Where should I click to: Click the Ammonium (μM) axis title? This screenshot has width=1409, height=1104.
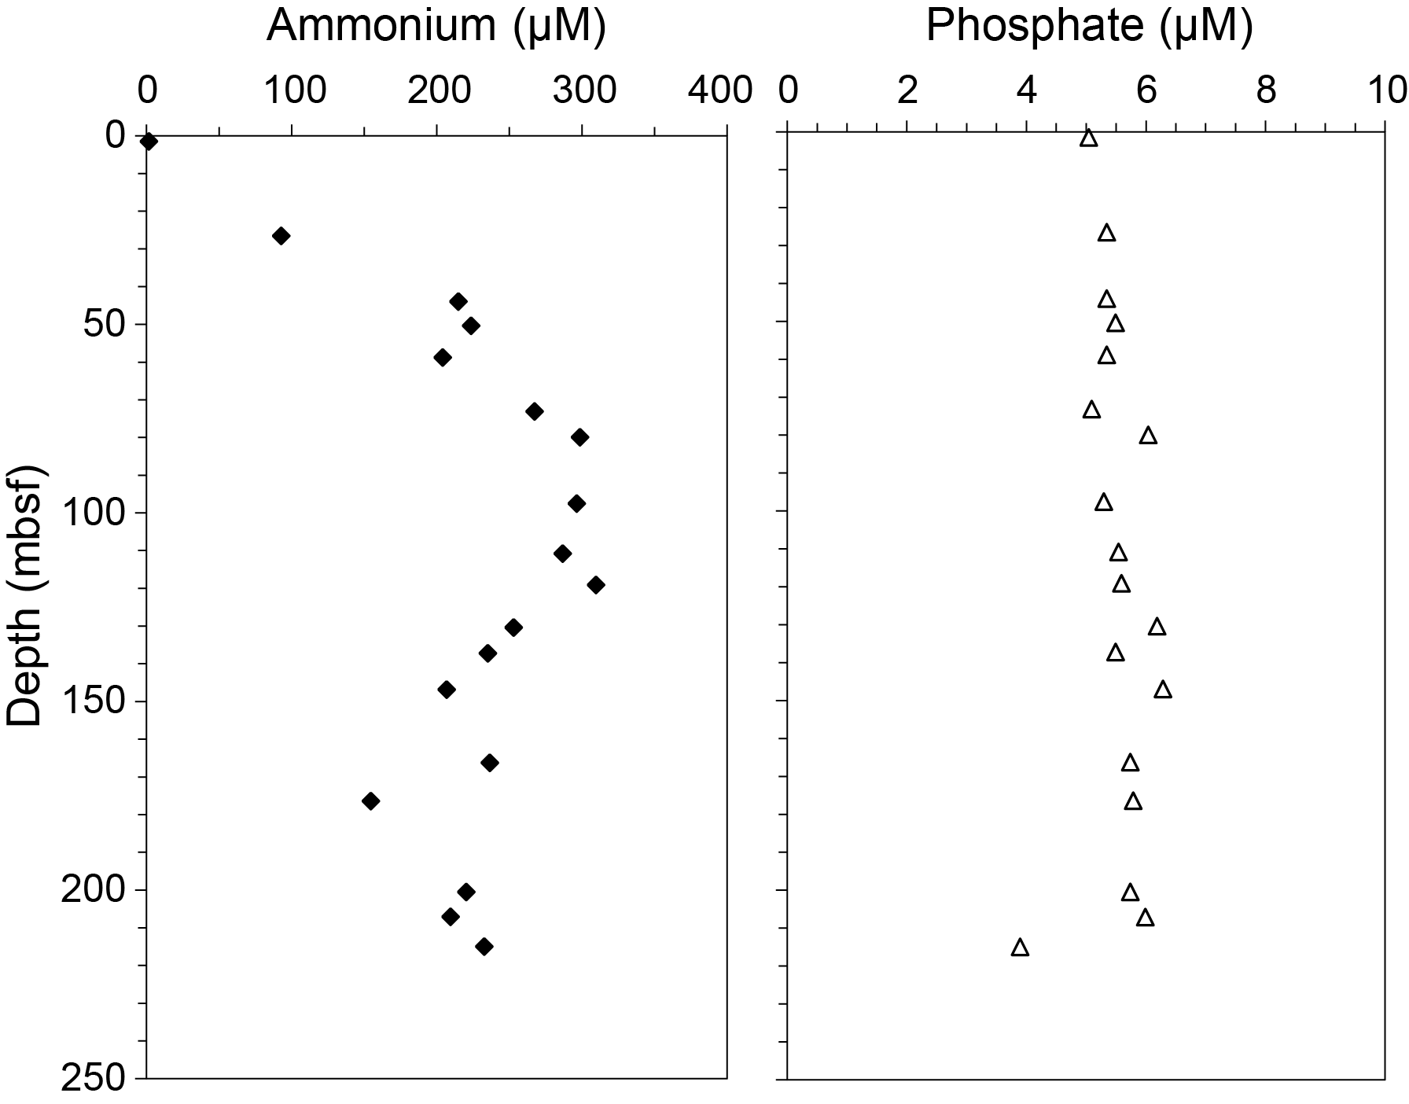pyautogui.click(x=436, y=27)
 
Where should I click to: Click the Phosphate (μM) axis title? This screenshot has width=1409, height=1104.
pyautogui.click(x=1089, y=27)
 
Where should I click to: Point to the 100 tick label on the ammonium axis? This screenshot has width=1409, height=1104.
pyautogui.click(x=295, y=91)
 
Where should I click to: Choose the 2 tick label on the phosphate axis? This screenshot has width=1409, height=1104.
pyautogui.click(x=907, y=91)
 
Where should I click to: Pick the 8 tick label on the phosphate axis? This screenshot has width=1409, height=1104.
pyautogui.click(x=1266, y=91)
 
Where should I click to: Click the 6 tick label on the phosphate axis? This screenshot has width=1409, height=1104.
pyautogui.click(x=1146, y=91)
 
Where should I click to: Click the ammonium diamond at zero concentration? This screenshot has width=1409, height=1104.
pyautogui.click(x=149, y=142)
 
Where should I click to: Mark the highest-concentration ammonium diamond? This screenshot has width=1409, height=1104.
pyautogui.click(x=596, y=585)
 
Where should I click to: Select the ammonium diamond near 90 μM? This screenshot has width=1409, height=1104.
pyautogui.click(x=281, y=236)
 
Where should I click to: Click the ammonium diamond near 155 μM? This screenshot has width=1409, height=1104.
pyautogui.click(x=370, y=801)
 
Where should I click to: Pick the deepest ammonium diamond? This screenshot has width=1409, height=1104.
pyautogui.click(x=484, y=947)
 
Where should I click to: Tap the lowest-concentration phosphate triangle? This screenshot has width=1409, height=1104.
pyautogui.click(x=1020, y=948)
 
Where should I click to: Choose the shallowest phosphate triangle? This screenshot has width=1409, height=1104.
pyautogui.click(x=1088, y=139)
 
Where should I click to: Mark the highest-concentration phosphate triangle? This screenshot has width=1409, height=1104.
pyautogui.click(x=1163, y=690)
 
